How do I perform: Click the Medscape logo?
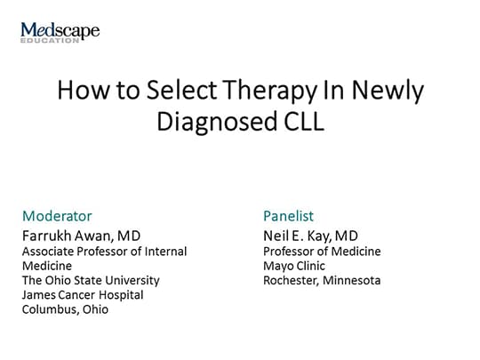tap(60, 31)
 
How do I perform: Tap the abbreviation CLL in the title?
tap(299, 122)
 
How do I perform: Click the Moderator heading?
tap(57, 216)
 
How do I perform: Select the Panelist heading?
tap(288, 216)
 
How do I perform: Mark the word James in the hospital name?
tap(38, 294)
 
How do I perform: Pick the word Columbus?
tap(49, 309)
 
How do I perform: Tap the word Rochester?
tap(293, 280)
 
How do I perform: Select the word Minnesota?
tap(356, 280)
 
